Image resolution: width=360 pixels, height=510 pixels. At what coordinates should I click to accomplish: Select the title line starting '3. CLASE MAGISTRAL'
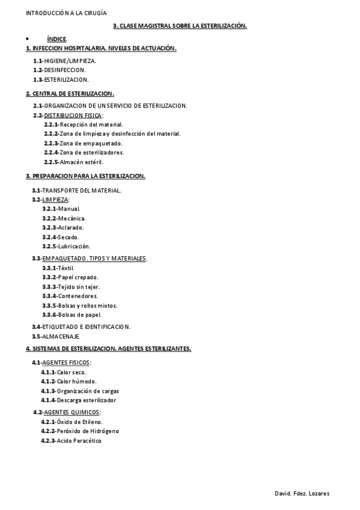(180, 26)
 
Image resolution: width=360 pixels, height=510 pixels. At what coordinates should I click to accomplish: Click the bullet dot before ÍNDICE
(27, 39)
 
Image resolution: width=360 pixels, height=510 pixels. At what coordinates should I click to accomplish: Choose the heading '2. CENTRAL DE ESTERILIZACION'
(70, 94)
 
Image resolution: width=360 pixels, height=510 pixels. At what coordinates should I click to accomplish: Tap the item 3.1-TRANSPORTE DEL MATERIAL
(77, 190)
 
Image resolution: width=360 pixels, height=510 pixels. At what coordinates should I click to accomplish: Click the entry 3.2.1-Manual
(61, 208)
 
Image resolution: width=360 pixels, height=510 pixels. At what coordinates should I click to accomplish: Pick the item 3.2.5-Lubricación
(66, 246)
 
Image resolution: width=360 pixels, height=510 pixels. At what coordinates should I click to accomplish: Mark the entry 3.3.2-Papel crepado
(70, 277)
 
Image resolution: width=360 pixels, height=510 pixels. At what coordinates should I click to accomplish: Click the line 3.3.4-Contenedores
(70, 296)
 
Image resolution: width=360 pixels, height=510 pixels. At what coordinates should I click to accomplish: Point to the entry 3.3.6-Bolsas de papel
(72, 315)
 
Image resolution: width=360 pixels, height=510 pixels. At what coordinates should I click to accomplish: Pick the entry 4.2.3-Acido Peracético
(71, 441)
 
